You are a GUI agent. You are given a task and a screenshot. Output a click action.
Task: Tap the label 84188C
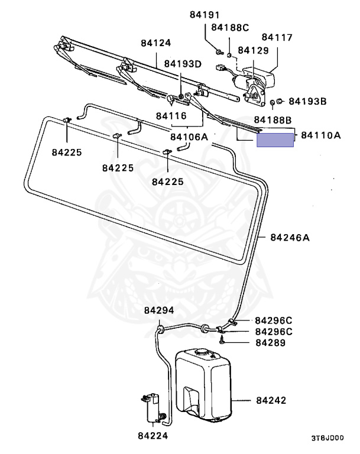[x=230, y=27]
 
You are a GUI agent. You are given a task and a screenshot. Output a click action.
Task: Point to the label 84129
[x=253, y=51]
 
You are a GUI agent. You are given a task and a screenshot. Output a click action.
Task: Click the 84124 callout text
[x=155, y=43]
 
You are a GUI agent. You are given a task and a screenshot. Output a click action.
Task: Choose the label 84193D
[x=183, y=63]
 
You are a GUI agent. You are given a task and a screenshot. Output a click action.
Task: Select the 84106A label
[x=189, y=137]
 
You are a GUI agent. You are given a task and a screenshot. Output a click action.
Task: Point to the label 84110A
[x=321, y=135]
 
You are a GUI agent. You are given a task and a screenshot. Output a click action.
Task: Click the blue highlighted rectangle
[x=275, y=140]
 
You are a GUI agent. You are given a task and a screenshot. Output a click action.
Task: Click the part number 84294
[x=158, y=310]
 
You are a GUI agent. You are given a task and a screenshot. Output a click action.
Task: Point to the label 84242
[x=271, y=400]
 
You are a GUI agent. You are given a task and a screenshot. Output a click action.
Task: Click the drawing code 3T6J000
[x=327, y=439]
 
